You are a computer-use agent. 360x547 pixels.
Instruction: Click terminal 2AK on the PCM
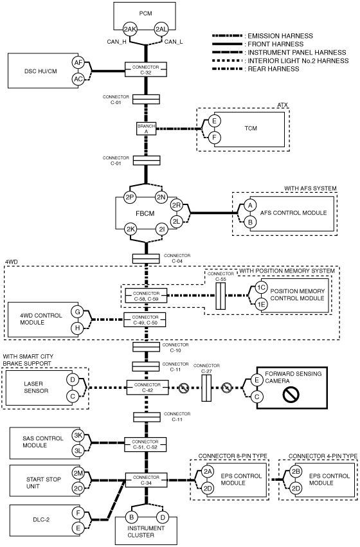(130, 30)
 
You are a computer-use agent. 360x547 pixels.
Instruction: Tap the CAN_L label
(174, 42)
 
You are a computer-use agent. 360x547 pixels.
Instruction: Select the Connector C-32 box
(146, 70)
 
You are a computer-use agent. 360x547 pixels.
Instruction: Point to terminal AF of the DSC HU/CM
(78, 63)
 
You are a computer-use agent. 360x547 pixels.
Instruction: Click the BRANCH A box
(146, 129)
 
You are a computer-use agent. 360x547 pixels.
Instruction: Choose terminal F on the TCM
(215, 138)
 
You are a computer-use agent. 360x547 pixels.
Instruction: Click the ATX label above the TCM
(283, 105)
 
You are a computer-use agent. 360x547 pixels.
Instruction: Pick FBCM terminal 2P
(130, 197)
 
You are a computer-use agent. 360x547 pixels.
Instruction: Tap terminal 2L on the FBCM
(177, 221)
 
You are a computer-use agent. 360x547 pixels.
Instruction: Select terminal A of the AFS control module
(250, 205)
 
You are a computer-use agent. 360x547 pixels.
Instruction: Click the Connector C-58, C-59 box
(146, 296)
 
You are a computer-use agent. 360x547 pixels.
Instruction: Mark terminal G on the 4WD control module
(77, 312)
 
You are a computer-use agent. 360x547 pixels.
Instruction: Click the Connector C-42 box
(147, 387)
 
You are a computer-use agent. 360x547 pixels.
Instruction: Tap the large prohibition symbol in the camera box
(291, 395)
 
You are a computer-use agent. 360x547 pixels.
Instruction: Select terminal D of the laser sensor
(73, 379)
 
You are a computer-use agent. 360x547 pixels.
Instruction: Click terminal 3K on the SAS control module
(78, 435)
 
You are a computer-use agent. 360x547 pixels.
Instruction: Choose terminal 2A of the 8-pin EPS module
(208, 471)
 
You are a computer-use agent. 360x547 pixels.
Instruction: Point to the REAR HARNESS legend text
(273, 69)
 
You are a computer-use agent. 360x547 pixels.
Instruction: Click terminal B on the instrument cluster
(132, 517)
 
